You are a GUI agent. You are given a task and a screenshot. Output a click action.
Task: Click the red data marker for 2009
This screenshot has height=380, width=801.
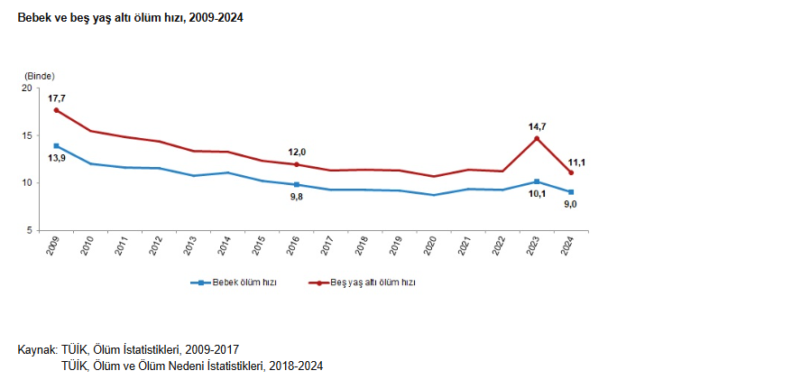(57, 110)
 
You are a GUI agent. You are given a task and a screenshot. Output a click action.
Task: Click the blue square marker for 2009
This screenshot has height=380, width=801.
(57, 145)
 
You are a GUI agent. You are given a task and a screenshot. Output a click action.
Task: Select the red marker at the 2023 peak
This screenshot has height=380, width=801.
(537, 138)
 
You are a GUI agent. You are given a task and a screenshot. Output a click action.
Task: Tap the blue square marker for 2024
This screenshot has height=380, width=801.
(571, 192)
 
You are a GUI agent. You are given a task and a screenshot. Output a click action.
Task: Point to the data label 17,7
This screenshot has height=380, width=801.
(57, 97)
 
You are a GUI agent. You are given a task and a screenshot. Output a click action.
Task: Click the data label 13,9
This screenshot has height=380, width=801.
(57, 158)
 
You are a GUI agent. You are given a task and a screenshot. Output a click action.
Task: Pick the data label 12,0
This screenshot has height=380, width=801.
(297, 152)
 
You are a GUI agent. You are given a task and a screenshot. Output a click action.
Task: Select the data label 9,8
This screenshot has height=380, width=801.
(297, 197)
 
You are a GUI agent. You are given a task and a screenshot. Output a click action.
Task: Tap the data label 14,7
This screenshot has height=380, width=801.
(538, 126)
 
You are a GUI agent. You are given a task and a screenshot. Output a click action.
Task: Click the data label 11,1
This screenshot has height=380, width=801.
(576, 162)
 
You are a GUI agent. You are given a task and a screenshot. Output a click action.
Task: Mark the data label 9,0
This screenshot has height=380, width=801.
(571, 205)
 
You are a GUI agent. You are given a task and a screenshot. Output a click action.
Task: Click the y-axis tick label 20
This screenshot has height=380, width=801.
(26, 88)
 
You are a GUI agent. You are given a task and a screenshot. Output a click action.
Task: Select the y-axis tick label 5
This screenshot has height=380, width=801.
(29, 230)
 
